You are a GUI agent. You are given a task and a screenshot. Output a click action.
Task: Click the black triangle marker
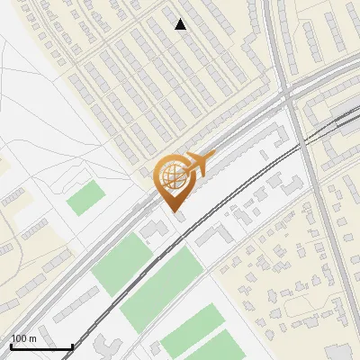click(181, 24)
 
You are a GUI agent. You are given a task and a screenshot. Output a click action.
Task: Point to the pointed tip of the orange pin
click(173, 210)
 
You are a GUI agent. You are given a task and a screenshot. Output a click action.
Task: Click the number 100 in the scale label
click(18, 338)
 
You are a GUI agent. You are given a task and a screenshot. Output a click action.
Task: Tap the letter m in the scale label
click(31, 338)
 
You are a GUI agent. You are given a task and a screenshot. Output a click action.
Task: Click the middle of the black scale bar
click(41, 346)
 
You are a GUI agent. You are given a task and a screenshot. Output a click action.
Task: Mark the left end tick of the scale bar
click(11, 345)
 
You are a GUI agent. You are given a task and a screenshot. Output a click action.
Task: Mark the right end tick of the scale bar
click(72, 345)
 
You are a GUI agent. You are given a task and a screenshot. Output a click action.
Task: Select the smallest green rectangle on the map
click(85, 197)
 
